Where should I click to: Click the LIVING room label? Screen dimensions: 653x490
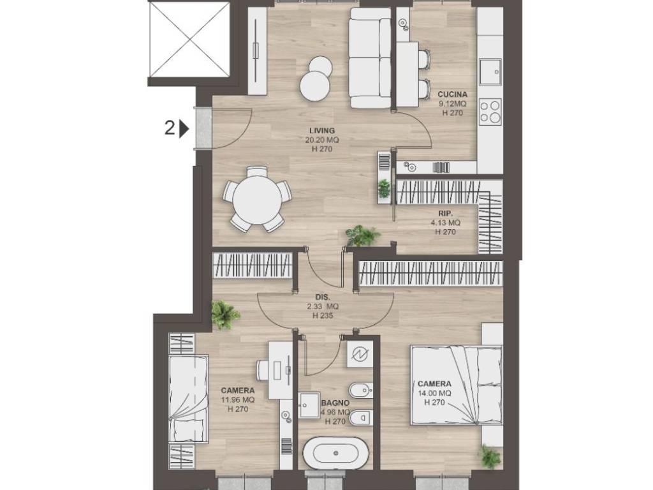(322, 130)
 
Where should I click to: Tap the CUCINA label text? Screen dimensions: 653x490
(452, 94)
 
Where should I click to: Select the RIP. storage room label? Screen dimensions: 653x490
(445, 214)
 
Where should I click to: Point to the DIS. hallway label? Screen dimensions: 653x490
(323, 297)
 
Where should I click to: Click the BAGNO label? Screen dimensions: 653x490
(335, 403)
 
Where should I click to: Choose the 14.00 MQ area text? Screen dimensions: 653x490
(434, 393)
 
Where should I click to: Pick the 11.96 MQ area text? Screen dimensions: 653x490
(238, 400)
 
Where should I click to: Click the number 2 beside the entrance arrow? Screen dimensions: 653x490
(169, 128)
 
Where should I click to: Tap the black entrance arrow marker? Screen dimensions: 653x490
(184, 129)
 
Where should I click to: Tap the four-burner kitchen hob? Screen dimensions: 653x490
(490, 112)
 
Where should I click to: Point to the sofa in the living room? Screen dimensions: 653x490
(371, 57)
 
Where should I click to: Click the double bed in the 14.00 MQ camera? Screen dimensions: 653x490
(457, 385)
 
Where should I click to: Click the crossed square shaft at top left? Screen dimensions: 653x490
(190, 40)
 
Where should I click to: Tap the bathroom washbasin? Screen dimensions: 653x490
(309, 404)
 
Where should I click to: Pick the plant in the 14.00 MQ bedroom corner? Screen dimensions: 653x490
(490, 456)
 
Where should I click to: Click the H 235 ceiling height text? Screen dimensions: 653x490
(323, 315)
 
